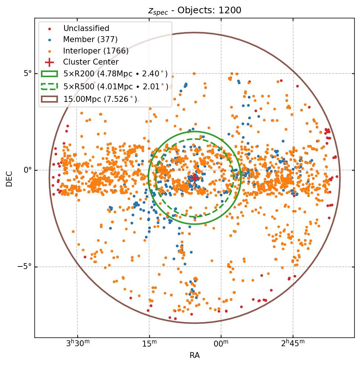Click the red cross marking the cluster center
click(x=194, y=178)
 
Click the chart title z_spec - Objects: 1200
click(x=194, y=10)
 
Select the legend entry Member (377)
click(x=90, y=39)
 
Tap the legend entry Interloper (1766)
click(x=96, y=51)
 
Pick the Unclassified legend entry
click(x=86, y=28)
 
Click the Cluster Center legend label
click(x=91, y=62)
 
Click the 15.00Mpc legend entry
click(x=100, y=99)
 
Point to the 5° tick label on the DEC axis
click(x=27, y=73)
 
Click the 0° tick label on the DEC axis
click(x=27, y=170)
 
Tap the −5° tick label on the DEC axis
click(x=25, y=267)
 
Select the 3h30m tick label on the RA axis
click(x=77, y=344)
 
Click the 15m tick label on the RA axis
click(x=149, y=344)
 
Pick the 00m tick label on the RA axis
click(x=221, y=344)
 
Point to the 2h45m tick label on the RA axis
click(x=293, y=344)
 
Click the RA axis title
click(x=194, y=355)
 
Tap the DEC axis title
click(x=9, y=178)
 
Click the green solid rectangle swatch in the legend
click(x=49, y=74)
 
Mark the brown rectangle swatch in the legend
click(x=49, y=99)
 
